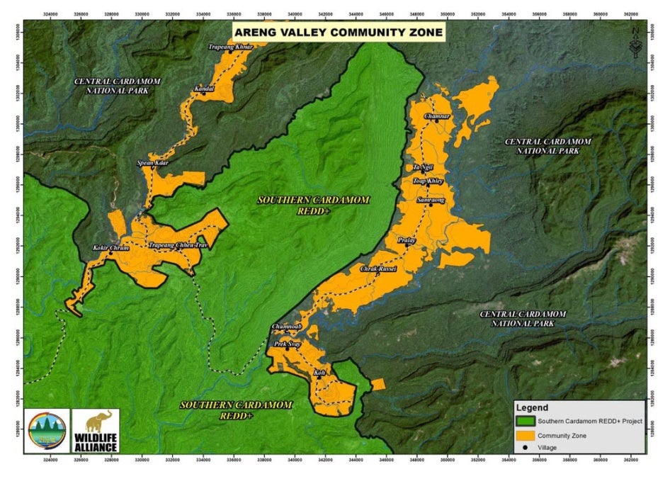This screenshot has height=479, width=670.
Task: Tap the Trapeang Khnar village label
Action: tap(230, 47)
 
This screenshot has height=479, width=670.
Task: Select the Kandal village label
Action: tap(204, 89)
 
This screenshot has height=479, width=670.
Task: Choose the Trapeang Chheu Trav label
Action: tap(177, 246)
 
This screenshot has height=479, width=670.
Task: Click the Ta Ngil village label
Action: tap(422, 167)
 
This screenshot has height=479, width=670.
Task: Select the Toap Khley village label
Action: tap(428, 181)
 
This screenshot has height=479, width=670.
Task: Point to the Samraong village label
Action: tap(431, 201)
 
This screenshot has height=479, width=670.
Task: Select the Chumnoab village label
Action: tap(287, 327)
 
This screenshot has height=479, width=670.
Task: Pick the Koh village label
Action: tap(319, 372)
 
